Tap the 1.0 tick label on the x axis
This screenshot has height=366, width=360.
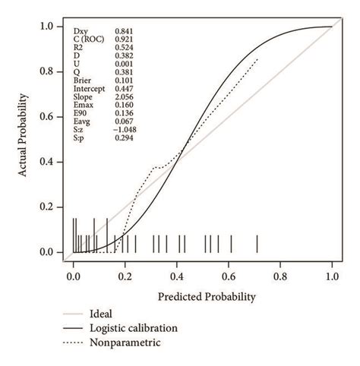pos(332,279)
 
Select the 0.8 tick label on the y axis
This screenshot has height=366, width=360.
pos(48,72)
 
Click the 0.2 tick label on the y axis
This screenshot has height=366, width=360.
pos(48,207)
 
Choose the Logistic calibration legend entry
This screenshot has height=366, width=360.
pos(133,328)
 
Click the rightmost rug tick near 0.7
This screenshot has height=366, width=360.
pos(257,244)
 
